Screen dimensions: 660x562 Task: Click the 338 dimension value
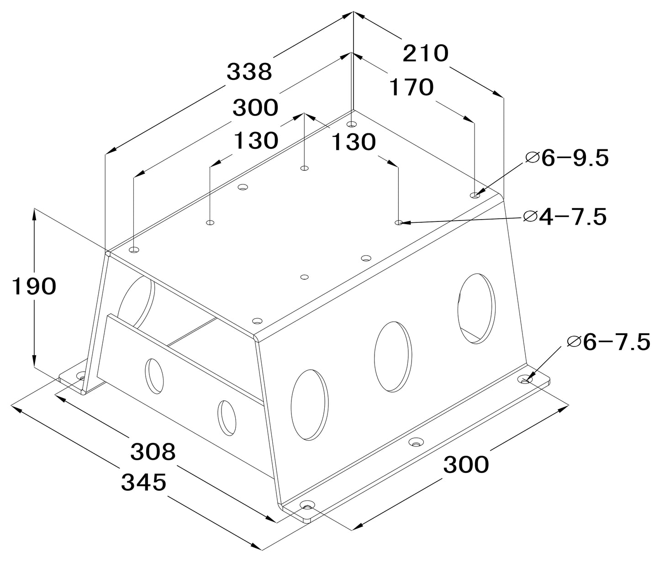coord(249,72)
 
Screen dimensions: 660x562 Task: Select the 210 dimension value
coord(426,53)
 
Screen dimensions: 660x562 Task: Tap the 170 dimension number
coord(412,87)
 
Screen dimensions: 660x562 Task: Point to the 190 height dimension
coord(34,286)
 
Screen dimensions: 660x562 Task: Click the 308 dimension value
coord(153,451)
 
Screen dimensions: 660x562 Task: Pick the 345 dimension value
coord(144,482)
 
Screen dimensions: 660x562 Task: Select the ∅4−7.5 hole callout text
coord(565,217)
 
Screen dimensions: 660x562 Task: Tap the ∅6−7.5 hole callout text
coord(608,342)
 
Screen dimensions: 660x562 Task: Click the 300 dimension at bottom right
coord(466,464)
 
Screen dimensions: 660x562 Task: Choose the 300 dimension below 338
coord(255,108)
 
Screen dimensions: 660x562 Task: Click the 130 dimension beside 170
coord(354,142)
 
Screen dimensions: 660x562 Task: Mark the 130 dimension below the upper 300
coord(256,140)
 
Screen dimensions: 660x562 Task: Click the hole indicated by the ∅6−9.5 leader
coord(475,195)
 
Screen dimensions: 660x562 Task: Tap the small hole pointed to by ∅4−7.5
coord(399,222)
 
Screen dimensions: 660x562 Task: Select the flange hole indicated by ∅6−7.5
coord(525,380)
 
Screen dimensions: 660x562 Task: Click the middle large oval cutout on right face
coord(393,357)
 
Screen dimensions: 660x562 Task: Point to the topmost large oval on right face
coord(477,308)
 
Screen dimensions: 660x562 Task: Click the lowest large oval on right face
coord(310,405)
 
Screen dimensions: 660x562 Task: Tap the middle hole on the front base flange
coord(415,443)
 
